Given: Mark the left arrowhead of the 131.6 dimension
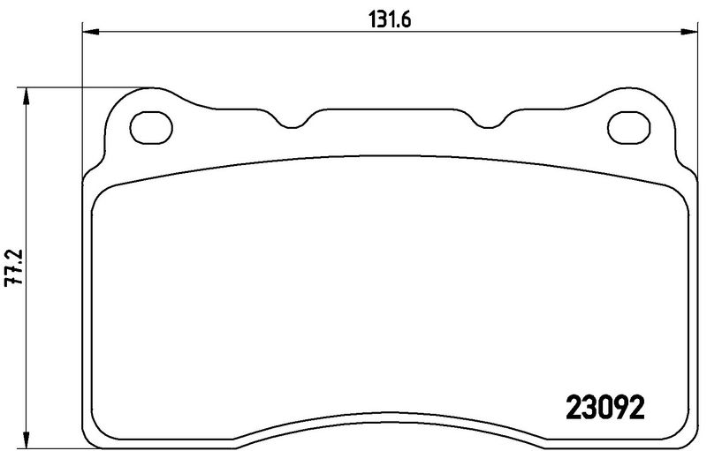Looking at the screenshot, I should [x=89, y=33].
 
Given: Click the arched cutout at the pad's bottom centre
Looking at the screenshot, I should [x=389, y=418].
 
